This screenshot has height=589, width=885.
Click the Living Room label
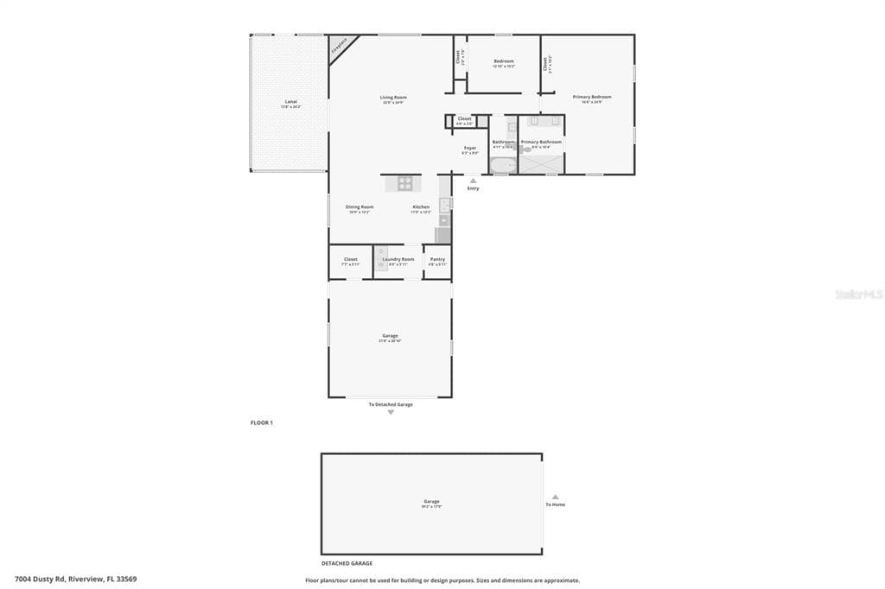[393, 98]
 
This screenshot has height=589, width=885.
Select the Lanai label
[291, 102]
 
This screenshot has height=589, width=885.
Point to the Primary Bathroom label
[541, 142]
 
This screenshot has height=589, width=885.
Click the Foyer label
[470, 148]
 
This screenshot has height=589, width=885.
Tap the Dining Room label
[360, 206]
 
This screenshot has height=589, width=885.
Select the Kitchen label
[421, 206]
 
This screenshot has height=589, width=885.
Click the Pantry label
[437, 259]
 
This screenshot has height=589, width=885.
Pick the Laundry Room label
[398, 259]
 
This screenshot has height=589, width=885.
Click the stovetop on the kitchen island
[405, 182]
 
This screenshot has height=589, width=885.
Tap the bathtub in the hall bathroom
[502, 163]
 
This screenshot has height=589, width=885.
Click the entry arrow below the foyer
[473, 180]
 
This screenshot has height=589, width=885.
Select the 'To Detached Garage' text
[391, 404]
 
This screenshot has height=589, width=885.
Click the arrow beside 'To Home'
[555, 497]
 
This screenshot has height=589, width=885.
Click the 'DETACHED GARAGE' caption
[347, 563]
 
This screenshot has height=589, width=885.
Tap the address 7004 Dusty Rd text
[75, 579]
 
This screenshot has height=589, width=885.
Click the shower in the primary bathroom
[541, 163]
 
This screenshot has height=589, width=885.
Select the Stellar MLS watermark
[858, 294]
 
